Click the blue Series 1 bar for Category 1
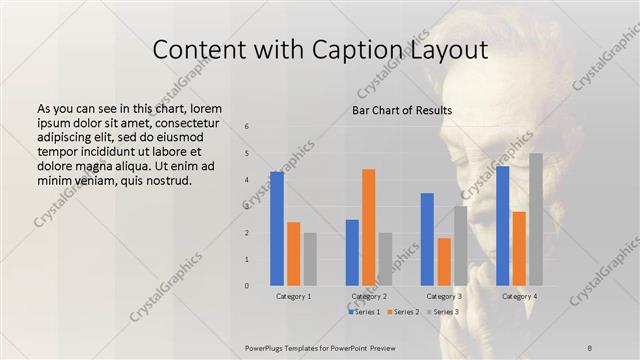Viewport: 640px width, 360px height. click(277, 229)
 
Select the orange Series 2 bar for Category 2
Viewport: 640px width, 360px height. click(369, 227)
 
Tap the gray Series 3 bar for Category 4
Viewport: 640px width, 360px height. click(536, 220)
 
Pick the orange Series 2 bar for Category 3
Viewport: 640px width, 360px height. click(444, 262)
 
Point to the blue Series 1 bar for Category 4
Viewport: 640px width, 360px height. click(502, 226)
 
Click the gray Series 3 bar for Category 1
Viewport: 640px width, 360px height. click(310, 259)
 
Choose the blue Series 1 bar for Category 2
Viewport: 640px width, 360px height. click(352, 253)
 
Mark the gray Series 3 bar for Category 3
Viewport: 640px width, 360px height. click(460, 246)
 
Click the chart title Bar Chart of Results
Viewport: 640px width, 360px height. click(401, 110)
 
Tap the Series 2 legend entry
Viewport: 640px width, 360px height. click(403, 312)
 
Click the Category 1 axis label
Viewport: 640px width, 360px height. click(293, 296)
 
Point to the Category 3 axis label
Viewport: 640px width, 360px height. click(444, 296)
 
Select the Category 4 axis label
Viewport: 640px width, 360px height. click(519, 296)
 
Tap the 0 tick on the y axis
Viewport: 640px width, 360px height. click(247, 286)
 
